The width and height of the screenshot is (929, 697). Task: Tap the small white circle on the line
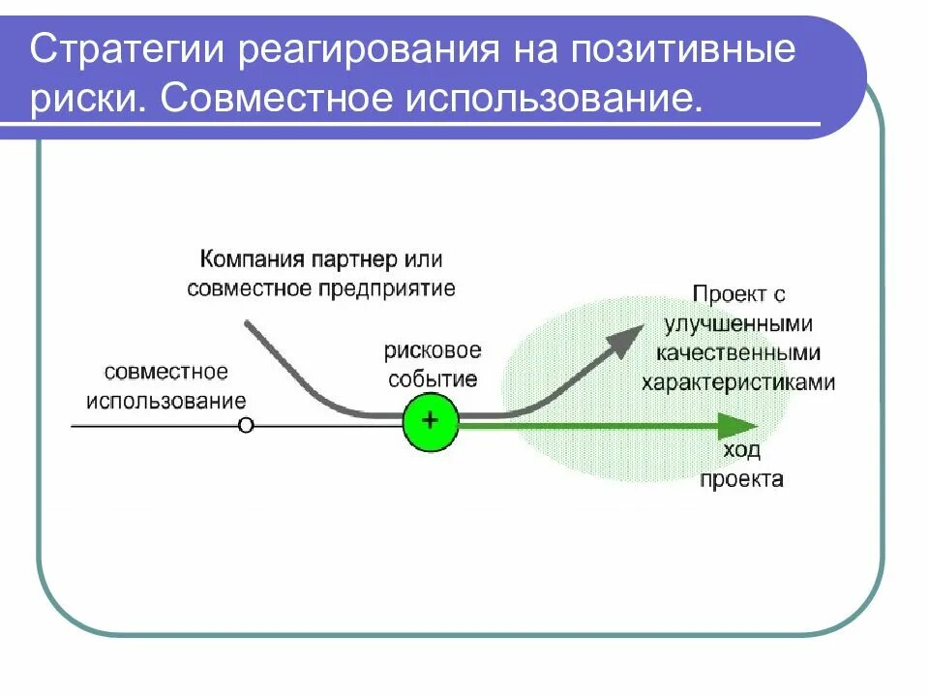coord(246,425)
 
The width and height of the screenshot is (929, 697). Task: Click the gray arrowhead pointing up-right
coord(625,341)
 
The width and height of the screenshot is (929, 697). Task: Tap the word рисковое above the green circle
coord(432,350)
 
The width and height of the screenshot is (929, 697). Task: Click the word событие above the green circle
coord(432,378)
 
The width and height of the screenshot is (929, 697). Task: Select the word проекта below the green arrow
coord(741,478)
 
